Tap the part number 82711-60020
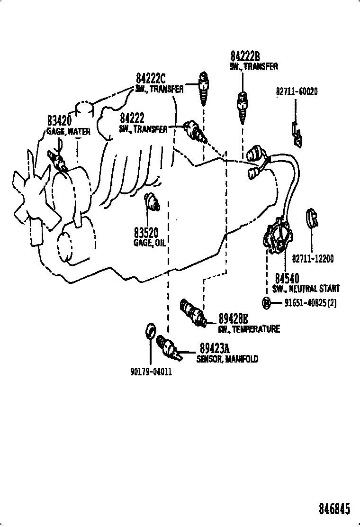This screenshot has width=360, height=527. click(x=297, y=91)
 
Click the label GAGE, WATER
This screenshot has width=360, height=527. click(x=68, y=132)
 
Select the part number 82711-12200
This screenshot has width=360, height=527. click(x=313, y=259)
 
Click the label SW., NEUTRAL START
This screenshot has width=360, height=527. click(x=306, y=289)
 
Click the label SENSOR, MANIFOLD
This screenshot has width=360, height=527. click(x=227, y=359)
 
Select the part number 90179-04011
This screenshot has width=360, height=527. click(x=150, y=372)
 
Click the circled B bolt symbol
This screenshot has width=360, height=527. click(x=267, y=302)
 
